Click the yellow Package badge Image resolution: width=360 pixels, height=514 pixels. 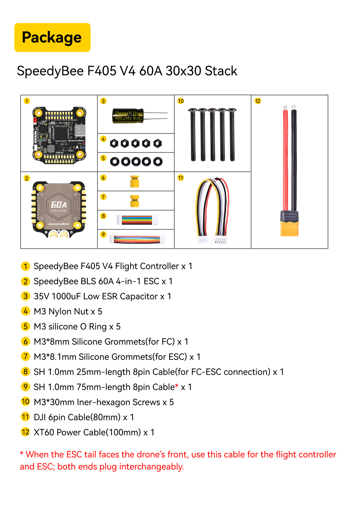click(x=52, y=37)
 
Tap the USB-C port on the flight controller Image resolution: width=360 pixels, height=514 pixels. click(x=81, y=131)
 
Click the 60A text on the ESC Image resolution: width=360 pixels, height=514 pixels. click(x=59, y=205)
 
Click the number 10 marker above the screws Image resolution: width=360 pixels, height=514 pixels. click(x=180, y=101)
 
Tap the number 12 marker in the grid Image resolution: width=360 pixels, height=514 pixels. click(x=258, y=101)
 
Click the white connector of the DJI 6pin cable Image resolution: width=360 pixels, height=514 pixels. click(x=213, y=240)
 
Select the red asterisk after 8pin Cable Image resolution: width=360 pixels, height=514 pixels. click(x=177, y=386)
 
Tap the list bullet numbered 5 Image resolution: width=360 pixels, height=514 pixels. click(x=25, y=326)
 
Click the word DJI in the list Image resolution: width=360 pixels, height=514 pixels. click(x=40, y=417)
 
